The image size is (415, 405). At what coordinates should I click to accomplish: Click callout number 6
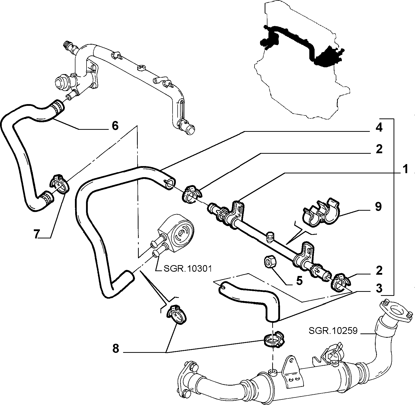[115, 126]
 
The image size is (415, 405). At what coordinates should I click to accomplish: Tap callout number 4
[379, 128]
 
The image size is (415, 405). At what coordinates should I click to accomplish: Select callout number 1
[405, 169]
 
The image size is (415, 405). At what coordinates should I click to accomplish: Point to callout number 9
[378, 207]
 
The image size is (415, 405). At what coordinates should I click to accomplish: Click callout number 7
[37, 234]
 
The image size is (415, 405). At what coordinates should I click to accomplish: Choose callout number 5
[299, 281]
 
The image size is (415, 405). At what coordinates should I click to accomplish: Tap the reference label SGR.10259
[333, 330]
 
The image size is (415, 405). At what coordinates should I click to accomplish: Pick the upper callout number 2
[379, 149]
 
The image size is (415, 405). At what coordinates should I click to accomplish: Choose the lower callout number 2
[379, 270]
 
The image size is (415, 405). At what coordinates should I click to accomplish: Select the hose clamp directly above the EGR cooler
[274, 339]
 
